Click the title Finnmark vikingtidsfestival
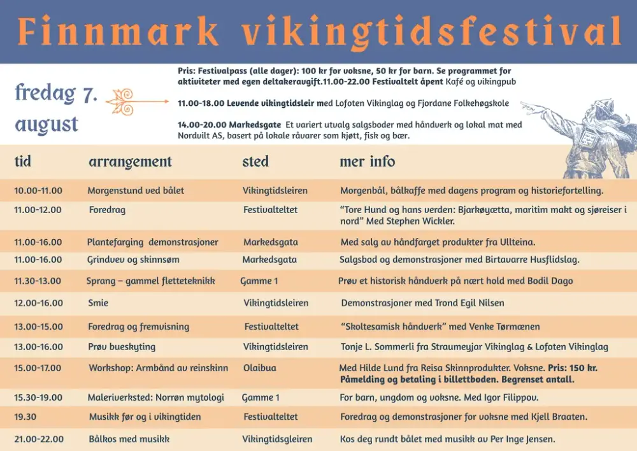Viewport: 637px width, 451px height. (x=319, y=31)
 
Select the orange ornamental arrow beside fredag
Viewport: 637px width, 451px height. (x=137, y=101)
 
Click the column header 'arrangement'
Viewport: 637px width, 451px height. (x=130, y=162)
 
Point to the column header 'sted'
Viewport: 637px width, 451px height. (x=255, y=161)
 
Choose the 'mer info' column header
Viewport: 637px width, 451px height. (x=368, y=161)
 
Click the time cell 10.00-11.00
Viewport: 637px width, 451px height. (x=38, y=191)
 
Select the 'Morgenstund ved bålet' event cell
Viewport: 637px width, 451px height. (x=136, y=190)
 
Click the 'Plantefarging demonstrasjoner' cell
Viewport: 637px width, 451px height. (x=152, y=242)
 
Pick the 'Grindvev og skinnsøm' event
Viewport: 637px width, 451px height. (x=133, y=260)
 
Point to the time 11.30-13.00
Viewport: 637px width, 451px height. (x=38, y=281)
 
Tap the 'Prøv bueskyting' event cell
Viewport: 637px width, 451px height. (x=122, y=347)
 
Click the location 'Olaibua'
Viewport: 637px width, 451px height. (x=260, y=368)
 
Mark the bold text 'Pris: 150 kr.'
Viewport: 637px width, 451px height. (x=573, y=368)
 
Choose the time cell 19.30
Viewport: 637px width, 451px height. (x=25, y=417)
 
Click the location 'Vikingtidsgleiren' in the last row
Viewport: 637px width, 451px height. (x=277, y=440)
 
